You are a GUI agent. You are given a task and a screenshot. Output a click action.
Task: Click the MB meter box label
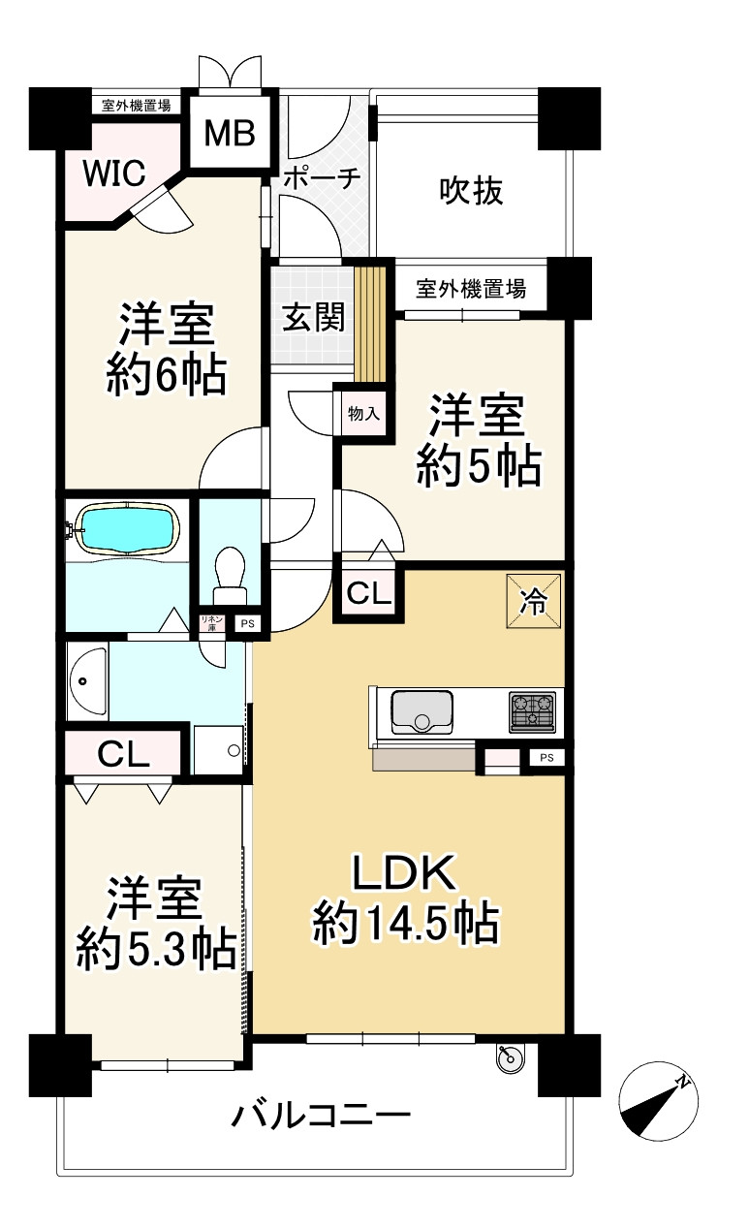coord(229,134)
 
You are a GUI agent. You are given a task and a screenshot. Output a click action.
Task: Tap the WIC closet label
coord(113,173)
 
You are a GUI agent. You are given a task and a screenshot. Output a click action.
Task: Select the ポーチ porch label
coord(323,178)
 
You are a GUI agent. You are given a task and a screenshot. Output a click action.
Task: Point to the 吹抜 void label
coord(472,191)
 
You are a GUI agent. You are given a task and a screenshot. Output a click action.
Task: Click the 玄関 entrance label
coord(313,317)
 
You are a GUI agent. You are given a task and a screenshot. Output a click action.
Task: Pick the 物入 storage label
coord(362,414)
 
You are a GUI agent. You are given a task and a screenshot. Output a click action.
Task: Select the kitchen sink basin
coord(421,712)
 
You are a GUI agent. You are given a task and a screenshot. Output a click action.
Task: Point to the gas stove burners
coord(532,712)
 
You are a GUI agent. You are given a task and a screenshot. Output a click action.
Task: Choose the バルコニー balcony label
coord(321,1118)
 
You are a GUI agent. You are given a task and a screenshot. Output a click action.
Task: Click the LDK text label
coord(403,874)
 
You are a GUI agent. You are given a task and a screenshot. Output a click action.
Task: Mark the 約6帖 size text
coord(166,374)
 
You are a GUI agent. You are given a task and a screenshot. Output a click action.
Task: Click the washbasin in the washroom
coord(88,682)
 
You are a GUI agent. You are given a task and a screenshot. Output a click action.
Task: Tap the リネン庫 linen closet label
coord(210,623)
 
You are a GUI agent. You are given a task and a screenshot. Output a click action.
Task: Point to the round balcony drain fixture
coord(510,1059)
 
